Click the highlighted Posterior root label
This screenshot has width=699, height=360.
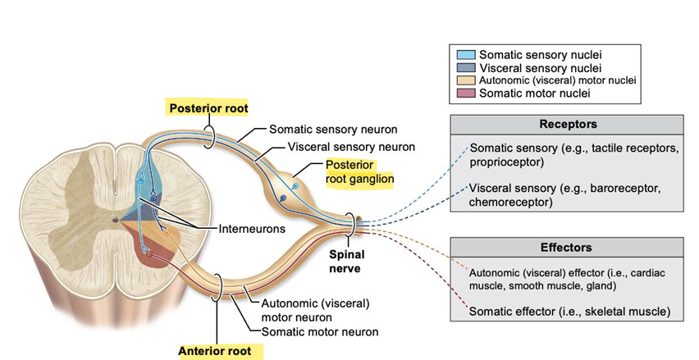[x=208, y=108]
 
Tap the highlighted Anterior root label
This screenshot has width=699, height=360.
[x=217, y=352]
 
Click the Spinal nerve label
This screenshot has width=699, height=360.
[x=346, y=261]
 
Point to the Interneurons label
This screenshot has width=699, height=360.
[x=252, y=228]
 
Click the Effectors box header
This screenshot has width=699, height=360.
[x=566, y=247]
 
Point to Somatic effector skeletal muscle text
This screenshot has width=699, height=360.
[x=569, y=312]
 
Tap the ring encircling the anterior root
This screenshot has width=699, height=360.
[x=218, y=287]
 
